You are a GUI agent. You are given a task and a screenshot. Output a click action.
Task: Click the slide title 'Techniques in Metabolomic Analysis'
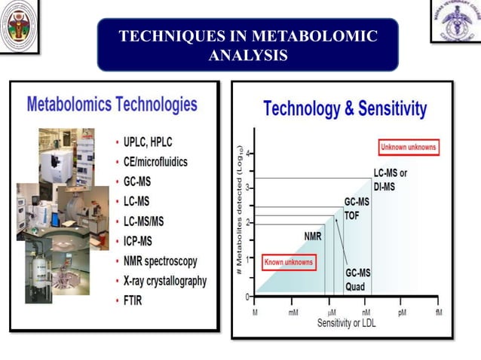click(x=248, y=45)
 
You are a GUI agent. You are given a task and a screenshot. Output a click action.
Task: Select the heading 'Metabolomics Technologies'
click(x=112, y=104)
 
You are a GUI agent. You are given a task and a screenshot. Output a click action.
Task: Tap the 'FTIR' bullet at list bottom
click(x=137, y=301)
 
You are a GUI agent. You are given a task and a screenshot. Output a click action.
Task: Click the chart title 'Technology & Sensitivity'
click(x=345, y=109)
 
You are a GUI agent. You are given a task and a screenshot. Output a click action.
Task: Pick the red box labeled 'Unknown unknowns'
click(x=408, y=148)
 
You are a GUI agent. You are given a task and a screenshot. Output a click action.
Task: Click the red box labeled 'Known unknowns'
click(x=288, y=263)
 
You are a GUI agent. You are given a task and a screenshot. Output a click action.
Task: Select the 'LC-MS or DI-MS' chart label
click(x=390, y=179)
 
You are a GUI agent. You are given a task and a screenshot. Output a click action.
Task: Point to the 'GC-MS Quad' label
click(x=358, y=279)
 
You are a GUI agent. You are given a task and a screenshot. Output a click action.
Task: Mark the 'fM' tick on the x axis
click(x=439, y=312)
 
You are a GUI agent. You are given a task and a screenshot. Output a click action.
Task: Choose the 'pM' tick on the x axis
click(x=402, y=312)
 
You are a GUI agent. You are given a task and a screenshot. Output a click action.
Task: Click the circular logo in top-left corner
click(x=17, y=26)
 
